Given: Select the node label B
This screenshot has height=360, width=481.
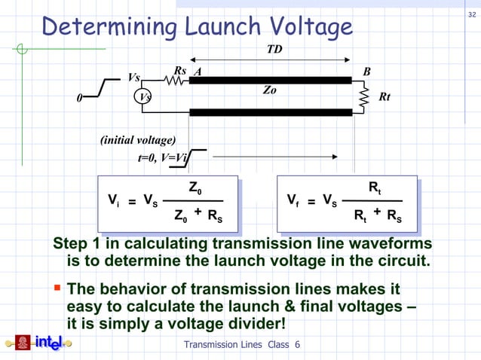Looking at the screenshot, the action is tap(367, 72).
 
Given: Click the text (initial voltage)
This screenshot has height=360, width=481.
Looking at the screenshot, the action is tap(138, 140).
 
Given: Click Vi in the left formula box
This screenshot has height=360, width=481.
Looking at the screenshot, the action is tap(112, 201).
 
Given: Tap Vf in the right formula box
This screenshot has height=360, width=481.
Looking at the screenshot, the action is tap(294, 201).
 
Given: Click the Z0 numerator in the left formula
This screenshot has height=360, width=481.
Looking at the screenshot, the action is tap(194, 188).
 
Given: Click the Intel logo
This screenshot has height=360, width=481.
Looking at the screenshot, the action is tap(39, 343).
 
